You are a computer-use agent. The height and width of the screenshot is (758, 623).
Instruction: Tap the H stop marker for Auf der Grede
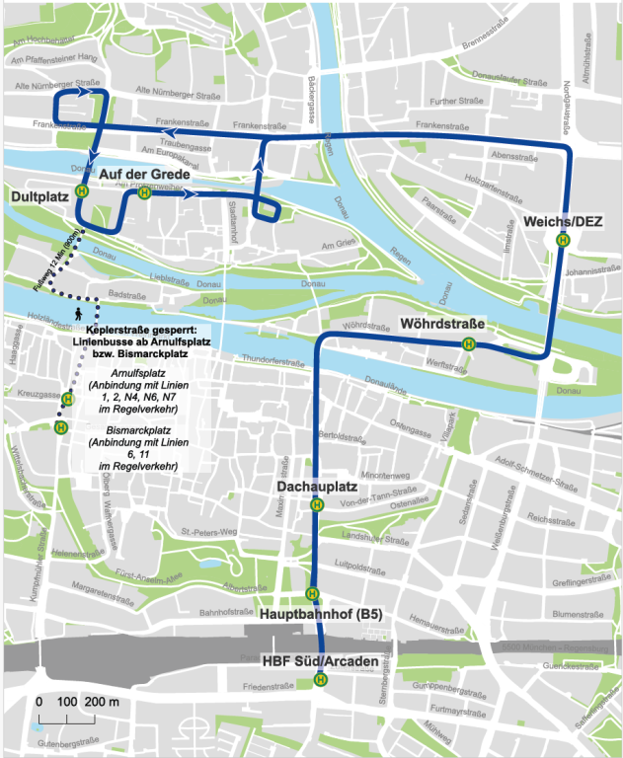point(145,193)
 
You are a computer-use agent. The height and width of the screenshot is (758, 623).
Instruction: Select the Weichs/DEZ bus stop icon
point(563,238)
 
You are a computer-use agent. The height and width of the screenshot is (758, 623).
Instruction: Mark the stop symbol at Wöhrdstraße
point(470,343)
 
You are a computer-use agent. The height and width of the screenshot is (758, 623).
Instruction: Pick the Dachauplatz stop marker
point(316,504)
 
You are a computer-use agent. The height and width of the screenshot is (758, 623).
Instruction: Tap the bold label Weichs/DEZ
point(559,219)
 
